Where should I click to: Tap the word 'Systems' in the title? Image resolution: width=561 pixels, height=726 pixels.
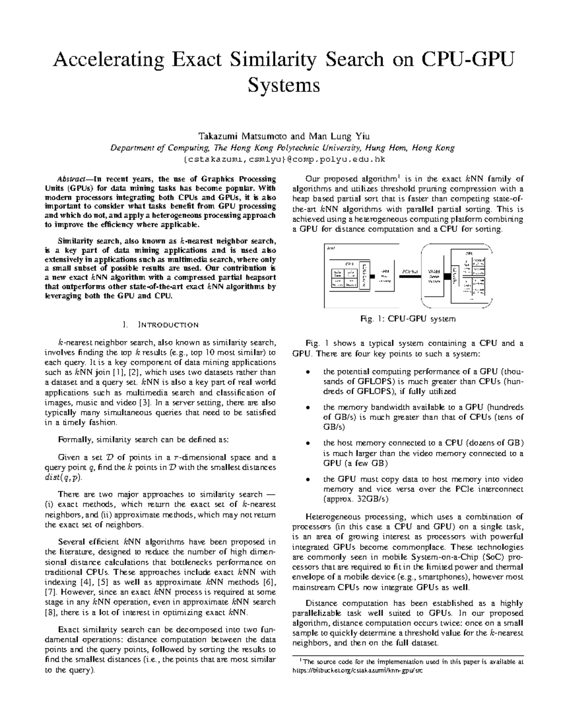point(283,86)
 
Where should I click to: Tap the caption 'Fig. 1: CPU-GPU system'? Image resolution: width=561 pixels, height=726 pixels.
point(407,319)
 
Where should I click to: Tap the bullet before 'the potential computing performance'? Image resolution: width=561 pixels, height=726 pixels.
point(307,372)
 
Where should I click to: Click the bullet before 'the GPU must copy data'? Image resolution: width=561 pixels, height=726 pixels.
point(307,480)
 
